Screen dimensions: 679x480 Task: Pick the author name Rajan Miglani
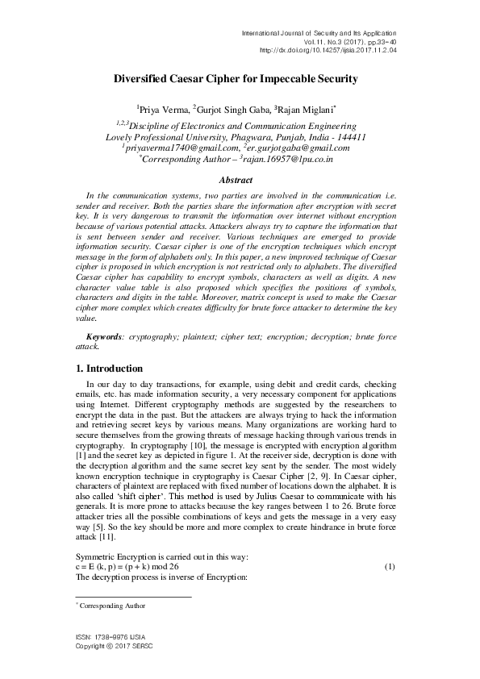point(304,107)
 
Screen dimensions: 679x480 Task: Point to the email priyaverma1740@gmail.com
point(183,148)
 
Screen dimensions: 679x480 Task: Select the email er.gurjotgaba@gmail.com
point(296,148)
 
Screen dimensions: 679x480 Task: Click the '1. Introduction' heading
point(109,369)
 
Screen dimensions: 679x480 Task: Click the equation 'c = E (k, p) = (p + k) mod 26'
point(139,567)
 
